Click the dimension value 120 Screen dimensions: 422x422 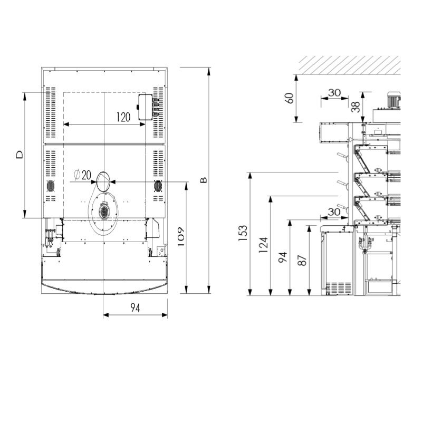coord(123,117)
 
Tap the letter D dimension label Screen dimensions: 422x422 coord(20,155)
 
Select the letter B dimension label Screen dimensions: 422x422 coord(204,180)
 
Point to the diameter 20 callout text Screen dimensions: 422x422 coord(82,175)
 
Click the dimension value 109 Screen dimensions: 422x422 coord(180,237)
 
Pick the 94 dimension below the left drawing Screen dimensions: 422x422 coord(135,308)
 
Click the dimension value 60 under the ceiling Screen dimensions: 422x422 coord(289,98)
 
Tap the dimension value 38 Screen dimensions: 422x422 coord(356,107)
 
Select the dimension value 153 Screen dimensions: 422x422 coord(243,233)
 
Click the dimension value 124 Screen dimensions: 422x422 coord(263,245)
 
